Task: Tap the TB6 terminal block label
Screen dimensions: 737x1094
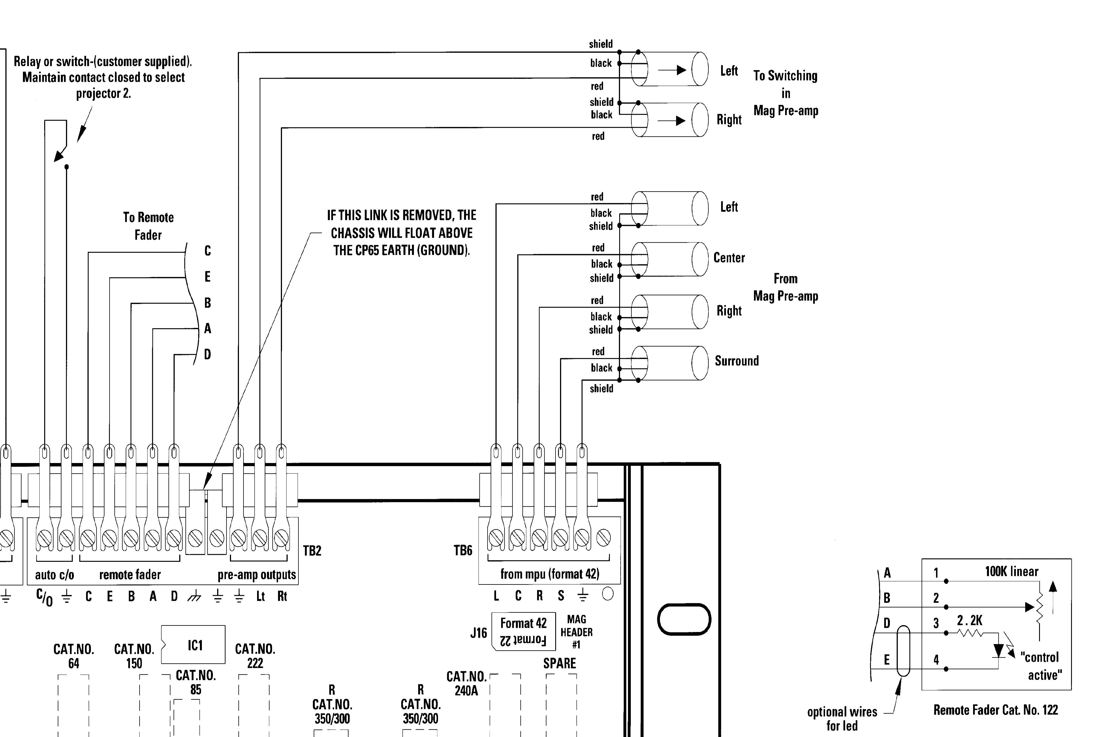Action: (x=463, y=550)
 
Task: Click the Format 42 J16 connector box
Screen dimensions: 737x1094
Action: (x=523, y=631)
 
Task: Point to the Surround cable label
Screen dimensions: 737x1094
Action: (x=736, y=361)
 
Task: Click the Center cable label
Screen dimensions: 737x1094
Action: (x=729, y=258)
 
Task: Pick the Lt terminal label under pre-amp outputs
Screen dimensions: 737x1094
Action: (x=260, y=596)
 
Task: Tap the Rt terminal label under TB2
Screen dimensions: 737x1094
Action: (x=282, y=596)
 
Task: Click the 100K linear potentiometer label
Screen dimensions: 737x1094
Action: (x=1011, y=571)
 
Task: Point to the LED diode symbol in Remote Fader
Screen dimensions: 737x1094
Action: (x=998, y=650)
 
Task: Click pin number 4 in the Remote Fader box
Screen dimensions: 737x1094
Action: (x=936, y=660)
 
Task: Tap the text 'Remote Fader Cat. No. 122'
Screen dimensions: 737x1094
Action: (x=995, y=710)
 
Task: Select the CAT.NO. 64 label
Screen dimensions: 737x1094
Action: (x=74, y=656)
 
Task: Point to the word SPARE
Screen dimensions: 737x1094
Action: (x=559, y=663)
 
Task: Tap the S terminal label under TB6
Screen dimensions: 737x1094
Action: (x=561, y=596)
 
